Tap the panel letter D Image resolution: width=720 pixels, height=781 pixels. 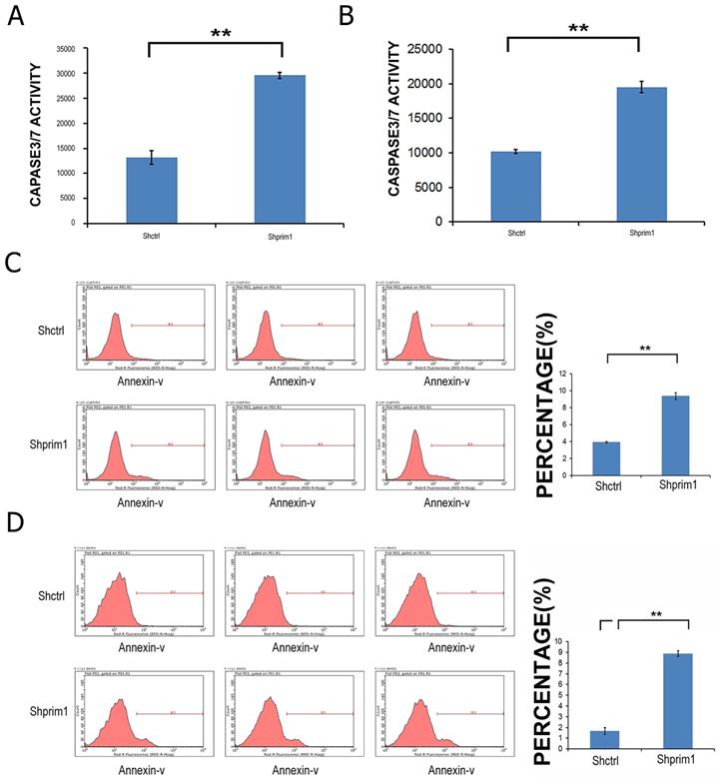[13, 521]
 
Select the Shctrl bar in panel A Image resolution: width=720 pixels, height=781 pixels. [152, 190]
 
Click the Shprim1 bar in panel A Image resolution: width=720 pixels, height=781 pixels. [280, 149]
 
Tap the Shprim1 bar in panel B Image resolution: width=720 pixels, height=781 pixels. [641, 154]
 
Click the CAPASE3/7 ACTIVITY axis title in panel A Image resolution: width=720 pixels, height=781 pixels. [36, 134]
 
